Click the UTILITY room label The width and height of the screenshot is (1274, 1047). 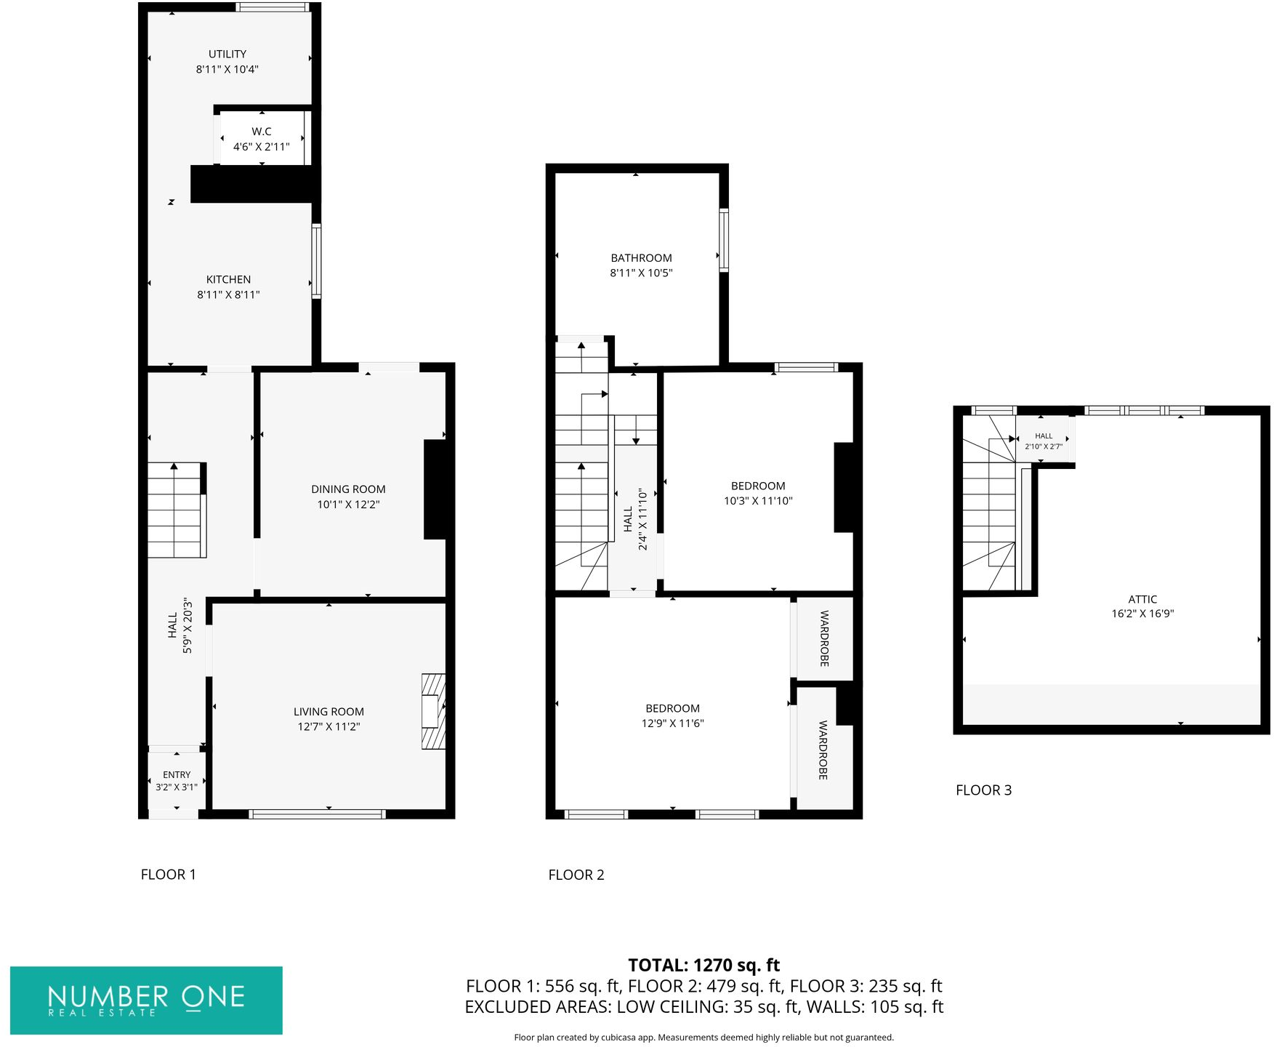click(227, 54)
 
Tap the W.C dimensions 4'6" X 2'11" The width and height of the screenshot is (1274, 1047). click(261, 147)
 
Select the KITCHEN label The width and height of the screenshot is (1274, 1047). click(228, 279)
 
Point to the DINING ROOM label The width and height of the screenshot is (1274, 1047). click(348, 489)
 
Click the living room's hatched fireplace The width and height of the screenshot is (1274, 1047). click(433, 712)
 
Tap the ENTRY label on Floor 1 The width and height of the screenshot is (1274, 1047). click(177, 775)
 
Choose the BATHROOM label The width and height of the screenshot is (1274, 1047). click(641, 258)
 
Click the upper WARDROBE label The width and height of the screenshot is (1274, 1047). click(825, 638)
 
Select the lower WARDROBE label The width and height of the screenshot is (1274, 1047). click(823, 750)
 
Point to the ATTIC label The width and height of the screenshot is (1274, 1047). click(1142, 599)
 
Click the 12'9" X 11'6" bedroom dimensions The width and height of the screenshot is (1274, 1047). click(672, 723)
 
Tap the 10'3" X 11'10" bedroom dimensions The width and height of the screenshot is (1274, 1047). click(758, 501)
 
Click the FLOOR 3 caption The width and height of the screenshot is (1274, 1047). click(983, 790)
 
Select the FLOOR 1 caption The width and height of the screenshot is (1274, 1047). click(168, 875)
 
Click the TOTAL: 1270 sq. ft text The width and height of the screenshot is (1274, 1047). click(703, 966)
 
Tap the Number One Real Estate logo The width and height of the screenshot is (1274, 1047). click(146, 1000)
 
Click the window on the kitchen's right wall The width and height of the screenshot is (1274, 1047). click(316, 261)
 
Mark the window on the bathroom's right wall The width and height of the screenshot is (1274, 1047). click(724, 241)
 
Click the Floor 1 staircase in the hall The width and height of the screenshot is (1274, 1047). click(175, 509)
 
